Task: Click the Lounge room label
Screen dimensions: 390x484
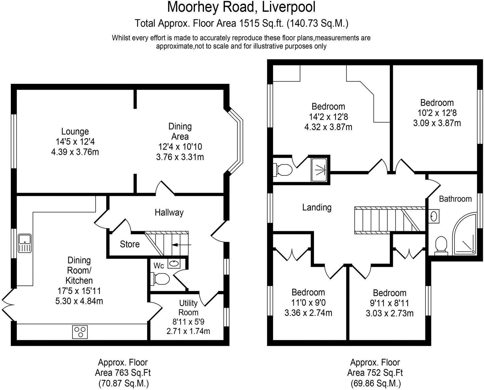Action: click(x=75, y=131)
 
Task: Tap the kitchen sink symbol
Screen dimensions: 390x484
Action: click(x=25, y=243)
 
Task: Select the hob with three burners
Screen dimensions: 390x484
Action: click(x=80, y=332)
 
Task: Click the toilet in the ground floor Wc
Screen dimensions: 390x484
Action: click(x=161, y=279)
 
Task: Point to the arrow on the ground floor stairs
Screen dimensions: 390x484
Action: click(x=181, y=245)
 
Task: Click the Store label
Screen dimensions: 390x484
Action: click(x=130, y=244)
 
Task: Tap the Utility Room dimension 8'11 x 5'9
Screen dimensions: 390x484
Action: click(x=188, y=322)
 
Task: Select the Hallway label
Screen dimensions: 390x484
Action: click(x=169, y=213)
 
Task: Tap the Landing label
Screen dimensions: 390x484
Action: click(x=317, y=207)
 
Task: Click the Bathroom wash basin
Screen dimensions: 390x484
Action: click(x=434, y=216)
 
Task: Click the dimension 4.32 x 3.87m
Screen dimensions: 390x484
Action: click(x=328, y=127)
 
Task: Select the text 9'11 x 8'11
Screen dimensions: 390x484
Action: click(x=389, y=303)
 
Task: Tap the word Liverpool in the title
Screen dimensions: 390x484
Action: click(x=289, y=7)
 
